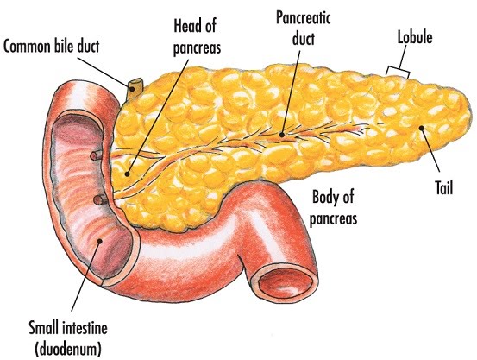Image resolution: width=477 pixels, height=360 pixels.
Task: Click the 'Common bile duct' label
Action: [x=51, y=47]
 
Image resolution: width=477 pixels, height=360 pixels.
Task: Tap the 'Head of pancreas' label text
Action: [x=197, y=37]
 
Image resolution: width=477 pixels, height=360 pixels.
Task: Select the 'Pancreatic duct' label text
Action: [x=304, y=28]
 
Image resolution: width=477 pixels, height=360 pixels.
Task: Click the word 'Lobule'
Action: [x=415, y=37]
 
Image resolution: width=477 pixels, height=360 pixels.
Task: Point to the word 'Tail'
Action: [x=444, y=187]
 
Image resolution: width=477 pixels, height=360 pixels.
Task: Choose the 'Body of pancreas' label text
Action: [x=333, y=207]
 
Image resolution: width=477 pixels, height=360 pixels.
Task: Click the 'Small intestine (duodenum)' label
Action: [x=68, y=338]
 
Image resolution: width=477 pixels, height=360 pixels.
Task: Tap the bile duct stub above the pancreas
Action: [x=135, y=88]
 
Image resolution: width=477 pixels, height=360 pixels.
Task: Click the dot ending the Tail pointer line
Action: [x=421, y=128]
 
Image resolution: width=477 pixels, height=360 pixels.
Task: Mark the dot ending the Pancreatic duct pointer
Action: [x=282, y=135]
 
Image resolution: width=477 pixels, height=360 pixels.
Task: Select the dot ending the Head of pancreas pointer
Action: [x=127, y=174]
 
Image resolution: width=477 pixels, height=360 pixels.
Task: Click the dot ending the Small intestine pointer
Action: [x=99, y=241]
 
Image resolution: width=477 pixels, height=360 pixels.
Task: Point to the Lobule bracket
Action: [x=398, y=71]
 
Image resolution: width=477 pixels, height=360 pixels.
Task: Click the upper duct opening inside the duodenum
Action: [x=97, y=155]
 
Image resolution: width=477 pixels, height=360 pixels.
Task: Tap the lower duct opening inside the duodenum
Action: [x=100, y=200]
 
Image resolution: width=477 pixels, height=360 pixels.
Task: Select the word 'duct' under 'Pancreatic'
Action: [x=304, y=39]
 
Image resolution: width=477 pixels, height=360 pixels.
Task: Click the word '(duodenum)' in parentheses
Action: [x=68, y=349]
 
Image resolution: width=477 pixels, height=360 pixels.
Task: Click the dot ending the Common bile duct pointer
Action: [x=132, y=89]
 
